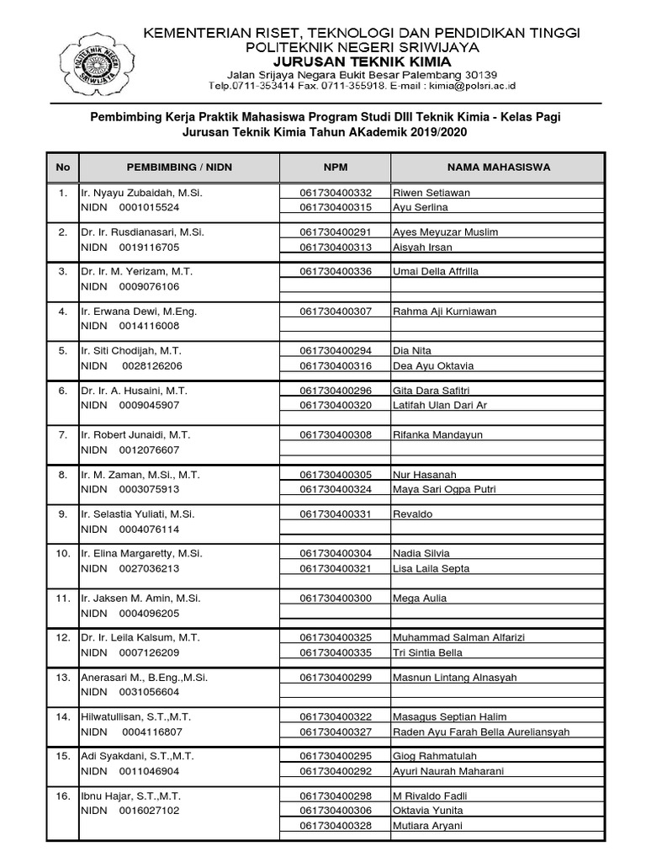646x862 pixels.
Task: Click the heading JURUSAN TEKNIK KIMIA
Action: [x=367, y=61]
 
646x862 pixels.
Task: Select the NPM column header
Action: [x=335, y=167]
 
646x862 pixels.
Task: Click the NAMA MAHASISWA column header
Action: [x=499, y=167]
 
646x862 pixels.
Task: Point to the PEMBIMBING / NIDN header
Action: [x=179, y=167]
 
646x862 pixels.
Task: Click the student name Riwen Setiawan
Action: [x=432, y=193]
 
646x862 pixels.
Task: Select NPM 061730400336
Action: [x=335, y=272]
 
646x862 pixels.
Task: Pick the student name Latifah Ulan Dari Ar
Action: [x=440, y=405]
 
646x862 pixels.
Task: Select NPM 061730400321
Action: [x=335, y=569]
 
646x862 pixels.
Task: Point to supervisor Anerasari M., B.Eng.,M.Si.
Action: [x=144, y=677]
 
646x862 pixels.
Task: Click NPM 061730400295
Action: [x=335, y=756]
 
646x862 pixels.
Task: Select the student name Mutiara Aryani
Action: [x=427, y=826]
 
